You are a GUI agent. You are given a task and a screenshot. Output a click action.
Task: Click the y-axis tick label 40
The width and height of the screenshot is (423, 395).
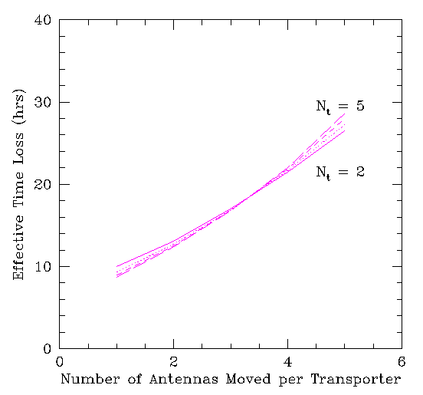point(43,20)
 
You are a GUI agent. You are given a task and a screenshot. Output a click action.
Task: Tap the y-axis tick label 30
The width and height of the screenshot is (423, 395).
point(43,102)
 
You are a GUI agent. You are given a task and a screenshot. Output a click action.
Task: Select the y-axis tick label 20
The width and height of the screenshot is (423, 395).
point(43,184)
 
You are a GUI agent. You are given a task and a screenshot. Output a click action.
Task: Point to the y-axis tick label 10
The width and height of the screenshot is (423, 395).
point(43,266)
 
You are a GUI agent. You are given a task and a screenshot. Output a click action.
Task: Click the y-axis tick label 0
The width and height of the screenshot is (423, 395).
point(48,348)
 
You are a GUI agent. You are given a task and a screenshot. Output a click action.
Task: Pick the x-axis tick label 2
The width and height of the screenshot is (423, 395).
point(173,362)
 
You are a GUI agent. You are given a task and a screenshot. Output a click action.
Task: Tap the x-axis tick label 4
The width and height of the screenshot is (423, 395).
point(288,362)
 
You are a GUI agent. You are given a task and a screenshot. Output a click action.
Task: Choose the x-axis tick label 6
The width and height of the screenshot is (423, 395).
point(402,362)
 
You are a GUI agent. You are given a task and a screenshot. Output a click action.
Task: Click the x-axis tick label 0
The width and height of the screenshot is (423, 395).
point(59,362)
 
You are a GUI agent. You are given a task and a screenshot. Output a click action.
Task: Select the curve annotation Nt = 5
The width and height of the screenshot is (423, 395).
point(340,107)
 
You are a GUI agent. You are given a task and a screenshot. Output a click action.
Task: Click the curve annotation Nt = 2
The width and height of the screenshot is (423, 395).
point(340,173)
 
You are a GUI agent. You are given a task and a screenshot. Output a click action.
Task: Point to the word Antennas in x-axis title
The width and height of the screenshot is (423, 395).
point(184,379)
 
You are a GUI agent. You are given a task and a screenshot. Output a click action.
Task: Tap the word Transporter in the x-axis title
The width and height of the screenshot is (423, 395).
point(356,380)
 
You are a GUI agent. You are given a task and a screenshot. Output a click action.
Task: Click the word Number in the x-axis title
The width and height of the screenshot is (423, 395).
point(90,379)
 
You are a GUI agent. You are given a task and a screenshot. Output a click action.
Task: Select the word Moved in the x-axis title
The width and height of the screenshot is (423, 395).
point(248,379)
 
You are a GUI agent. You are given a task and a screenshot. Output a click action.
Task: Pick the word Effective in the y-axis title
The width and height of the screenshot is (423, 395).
point(18,247)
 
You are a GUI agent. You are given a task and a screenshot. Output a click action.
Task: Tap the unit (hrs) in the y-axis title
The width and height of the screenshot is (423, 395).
point(19,107)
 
